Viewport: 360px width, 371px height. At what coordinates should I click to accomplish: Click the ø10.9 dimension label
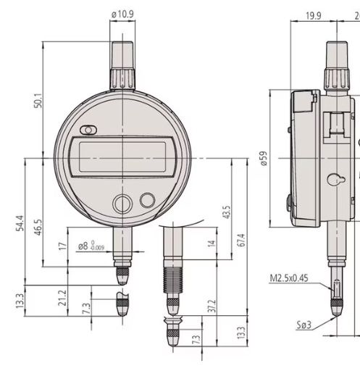point(122,14)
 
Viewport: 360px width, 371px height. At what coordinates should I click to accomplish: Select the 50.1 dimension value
point(38,101)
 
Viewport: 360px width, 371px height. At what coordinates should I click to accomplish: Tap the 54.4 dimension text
point(20,223)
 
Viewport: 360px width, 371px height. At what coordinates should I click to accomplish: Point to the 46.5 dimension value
point(38,227)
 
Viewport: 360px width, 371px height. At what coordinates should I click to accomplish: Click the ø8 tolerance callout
point(91,246)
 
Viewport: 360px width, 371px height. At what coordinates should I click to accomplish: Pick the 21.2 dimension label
point(62,298)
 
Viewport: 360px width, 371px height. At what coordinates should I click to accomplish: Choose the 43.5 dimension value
point(227,212)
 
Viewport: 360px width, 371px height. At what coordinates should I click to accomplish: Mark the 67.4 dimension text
point(242,240)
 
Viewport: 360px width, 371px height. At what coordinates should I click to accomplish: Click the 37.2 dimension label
point(212,306)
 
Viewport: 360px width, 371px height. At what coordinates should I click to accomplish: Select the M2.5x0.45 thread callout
point(289,278)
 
